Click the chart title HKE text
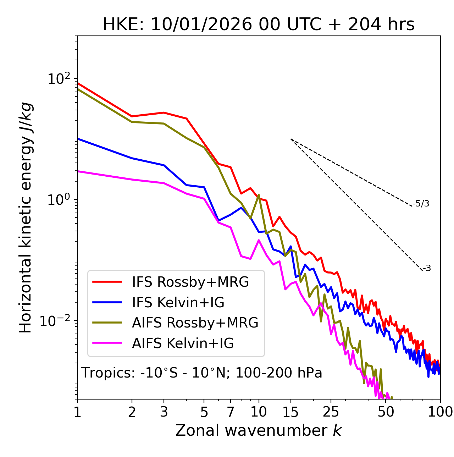click(x=259, y=25)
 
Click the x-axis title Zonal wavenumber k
click(x=258, y=430)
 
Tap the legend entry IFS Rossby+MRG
click(x=190, y=282)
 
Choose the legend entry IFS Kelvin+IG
click(x=178, y=302)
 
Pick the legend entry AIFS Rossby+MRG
click(x=195, y=323)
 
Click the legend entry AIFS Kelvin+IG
click(x=183, y=343)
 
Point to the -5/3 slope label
click(x=421, y=204)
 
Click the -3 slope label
click(x=427, y=269)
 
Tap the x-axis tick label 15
click(x=291, y=412)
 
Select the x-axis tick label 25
click(x=331, y=412)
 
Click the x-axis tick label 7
click(x=231, y=412)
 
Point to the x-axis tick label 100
click(x=440, y=412)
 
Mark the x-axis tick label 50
click(x=386, y=412)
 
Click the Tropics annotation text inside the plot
click(x=201, y=373)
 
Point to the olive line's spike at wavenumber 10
click(x=259, y=195)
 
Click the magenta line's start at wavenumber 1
click(x=78, y=171)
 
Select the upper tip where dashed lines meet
click(x=291, y=139)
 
